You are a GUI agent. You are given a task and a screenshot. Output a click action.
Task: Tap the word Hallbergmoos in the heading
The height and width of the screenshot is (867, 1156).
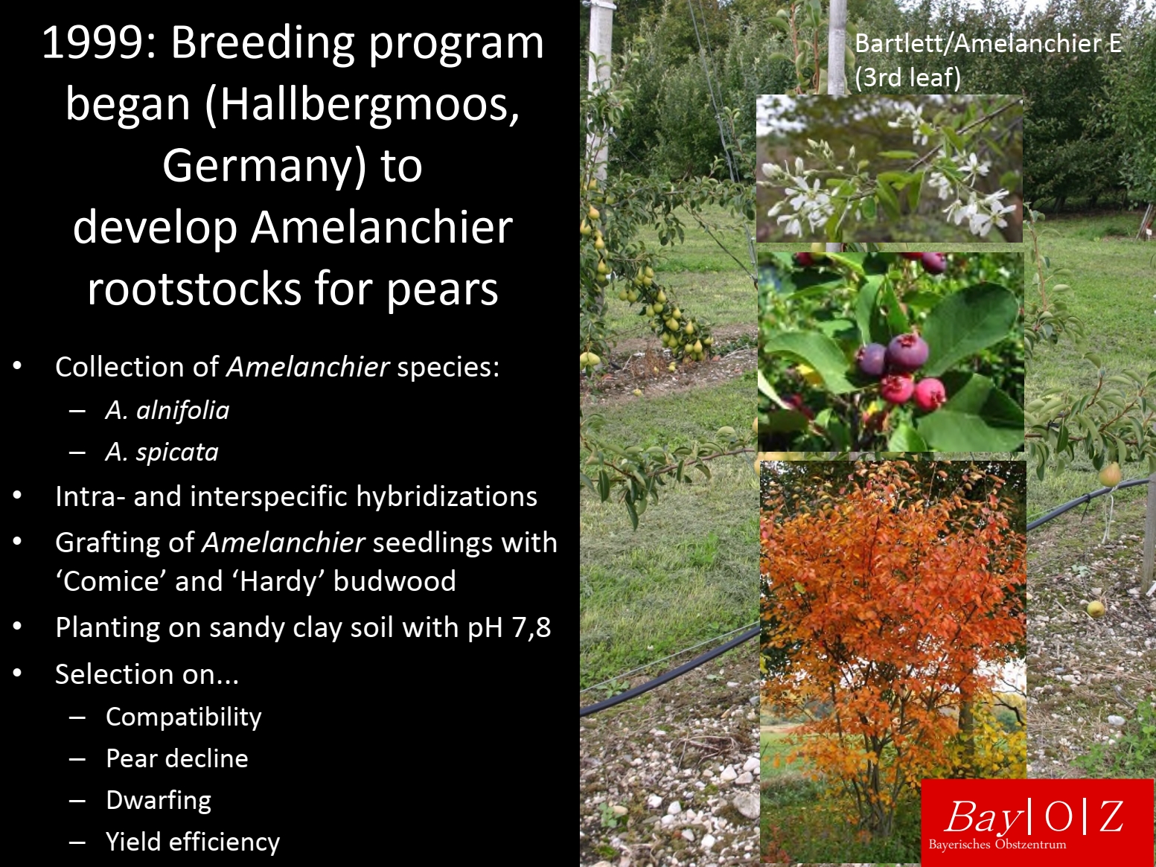(365, 104)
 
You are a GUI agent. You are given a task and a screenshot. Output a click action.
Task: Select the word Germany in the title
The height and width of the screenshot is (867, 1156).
(262, 166)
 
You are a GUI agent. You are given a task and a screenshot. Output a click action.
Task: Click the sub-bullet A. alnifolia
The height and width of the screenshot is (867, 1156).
(167, 411)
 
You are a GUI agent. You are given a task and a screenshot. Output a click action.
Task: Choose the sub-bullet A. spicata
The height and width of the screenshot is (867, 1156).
(162, 452)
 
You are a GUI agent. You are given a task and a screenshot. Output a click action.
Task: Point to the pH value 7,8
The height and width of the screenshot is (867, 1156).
(531, 627)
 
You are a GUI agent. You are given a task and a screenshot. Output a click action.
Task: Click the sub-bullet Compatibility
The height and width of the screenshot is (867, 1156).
(183, 717)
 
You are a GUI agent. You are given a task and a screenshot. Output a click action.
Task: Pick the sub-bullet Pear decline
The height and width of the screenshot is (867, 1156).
(177, 758)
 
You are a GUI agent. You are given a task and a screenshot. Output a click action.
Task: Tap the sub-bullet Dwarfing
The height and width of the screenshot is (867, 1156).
(159, 801)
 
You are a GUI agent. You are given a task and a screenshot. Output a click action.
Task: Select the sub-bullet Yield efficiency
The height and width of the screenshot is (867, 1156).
(193, 842)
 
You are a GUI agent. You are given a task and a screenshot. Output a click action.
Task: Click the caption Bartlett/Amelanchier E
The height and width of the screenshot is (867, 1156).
(988, 43)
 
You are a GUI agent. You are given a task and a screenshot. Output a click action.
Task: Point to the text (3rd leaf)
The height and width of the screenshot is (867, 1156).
(907, 78)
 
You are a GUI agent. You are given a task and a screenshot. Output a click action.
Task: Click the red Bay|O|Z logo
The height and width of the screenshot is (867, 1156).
(1037, 822)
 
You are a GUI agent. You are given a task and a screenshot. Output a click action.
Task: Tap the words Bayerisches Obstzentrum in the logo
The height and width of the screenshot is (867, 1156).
(997, 845)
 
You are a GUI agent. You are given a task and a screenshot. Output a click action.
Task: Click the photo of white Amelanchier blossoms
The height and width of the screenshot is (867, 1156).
(889, 168)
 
